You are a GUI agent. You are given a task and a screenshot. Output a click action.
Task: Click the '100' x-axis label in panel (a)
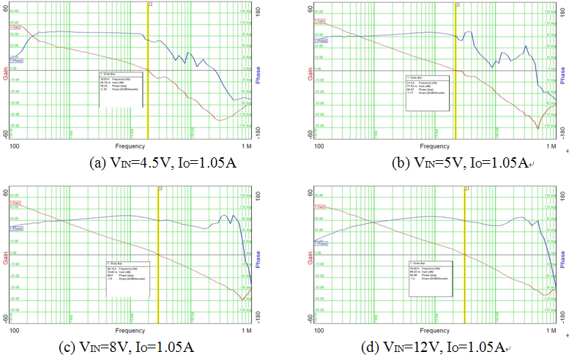[14, 146]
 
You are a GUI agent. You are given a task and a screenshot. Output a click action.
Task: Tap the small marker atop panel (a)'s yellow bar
[149, 4]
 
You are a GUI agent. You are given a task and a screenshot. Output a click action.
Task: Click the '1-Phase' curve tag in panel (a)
[15, 59]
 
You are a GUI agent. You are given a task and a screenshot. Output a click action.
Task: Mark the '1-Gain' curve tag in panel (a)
[15, 27]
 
